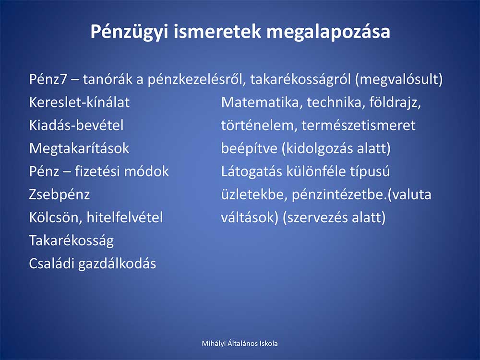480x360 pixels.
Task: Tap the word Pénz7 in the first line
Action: click(48, 79)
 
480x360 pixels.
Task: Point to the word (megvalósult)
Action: click(399, 80)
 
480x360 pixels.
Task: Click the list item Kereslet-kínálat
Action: click(79, 102)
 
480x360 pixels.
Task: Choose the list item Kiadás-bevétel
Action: click(76, 125)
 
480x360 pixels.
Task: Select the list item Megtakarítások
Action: click(79, 149)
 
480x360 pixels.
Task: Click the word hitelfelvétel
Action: click(125, 217)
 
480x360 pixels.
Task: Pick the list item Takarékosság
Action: click(72, 241)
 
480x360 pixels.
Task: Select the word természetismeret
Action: click(359, 125)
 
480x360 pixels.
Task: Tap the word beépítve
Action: click(249, 149)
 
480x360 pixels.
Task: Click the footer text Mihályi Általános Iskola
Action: click(240, 344)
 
